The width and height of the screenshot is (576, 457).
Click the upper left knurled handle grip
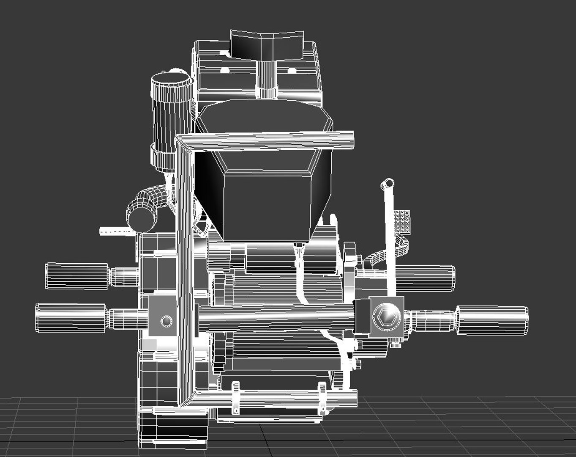76,276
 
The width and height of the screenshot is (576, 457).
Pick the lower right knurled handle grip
492,320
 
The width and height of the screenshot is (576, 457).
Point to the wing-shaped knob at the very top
267,44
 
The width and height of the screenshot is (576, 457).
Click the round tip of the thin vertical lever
388,184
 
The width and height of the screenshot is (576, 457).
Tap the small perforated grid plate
402,221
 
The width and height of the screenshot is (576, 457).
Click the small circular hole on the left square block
167,321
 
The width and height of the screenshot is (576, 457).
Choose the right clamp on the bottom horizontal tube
322,398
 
